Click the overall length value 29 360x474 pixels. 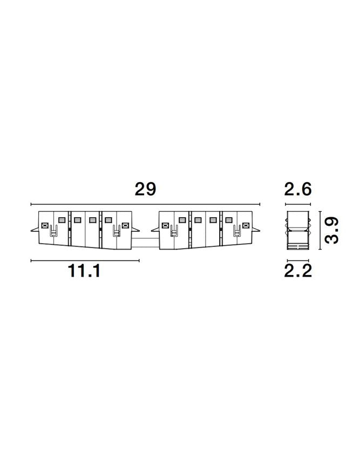[x=145, y=189]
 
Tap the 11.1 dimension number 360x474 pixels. [x=84, y=271]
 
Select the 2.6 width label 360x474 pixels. [x=298, y=189]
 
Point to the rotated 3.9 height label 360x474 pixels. [x=331, y=231]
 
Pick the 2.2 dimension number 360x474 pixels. [x=298, y=271]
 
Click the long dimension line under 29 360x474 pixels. [x=146, y=205]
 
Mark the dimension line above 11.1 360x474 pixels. [x=85, y=260]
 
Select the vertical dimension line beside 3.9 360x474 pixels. [x=320, y=231]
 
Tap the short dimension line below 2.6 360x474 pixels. [x=298, y=205]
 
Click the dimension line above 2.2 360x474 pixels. [x=298, y=260]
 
